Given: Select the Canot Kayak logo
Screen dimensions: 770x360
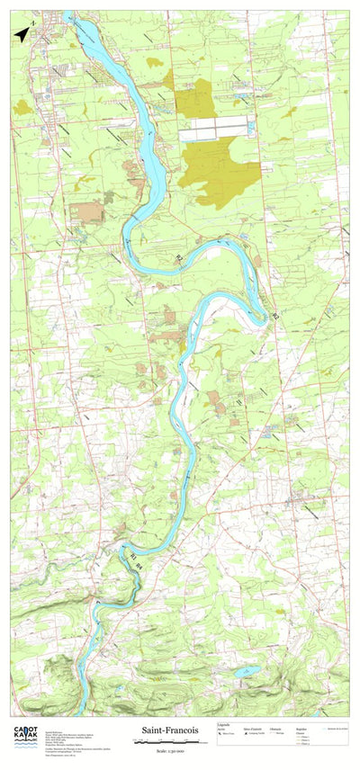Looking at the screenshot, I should (25, 737).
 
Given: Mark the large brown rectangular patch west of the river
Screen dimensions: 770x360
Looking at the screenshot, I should (87, 212).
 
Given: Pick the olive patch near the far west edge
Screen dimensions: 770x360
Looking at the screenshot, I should (22, 107).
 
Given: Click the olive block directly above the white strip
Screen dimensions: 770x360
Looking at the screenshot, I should (193, 99).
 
